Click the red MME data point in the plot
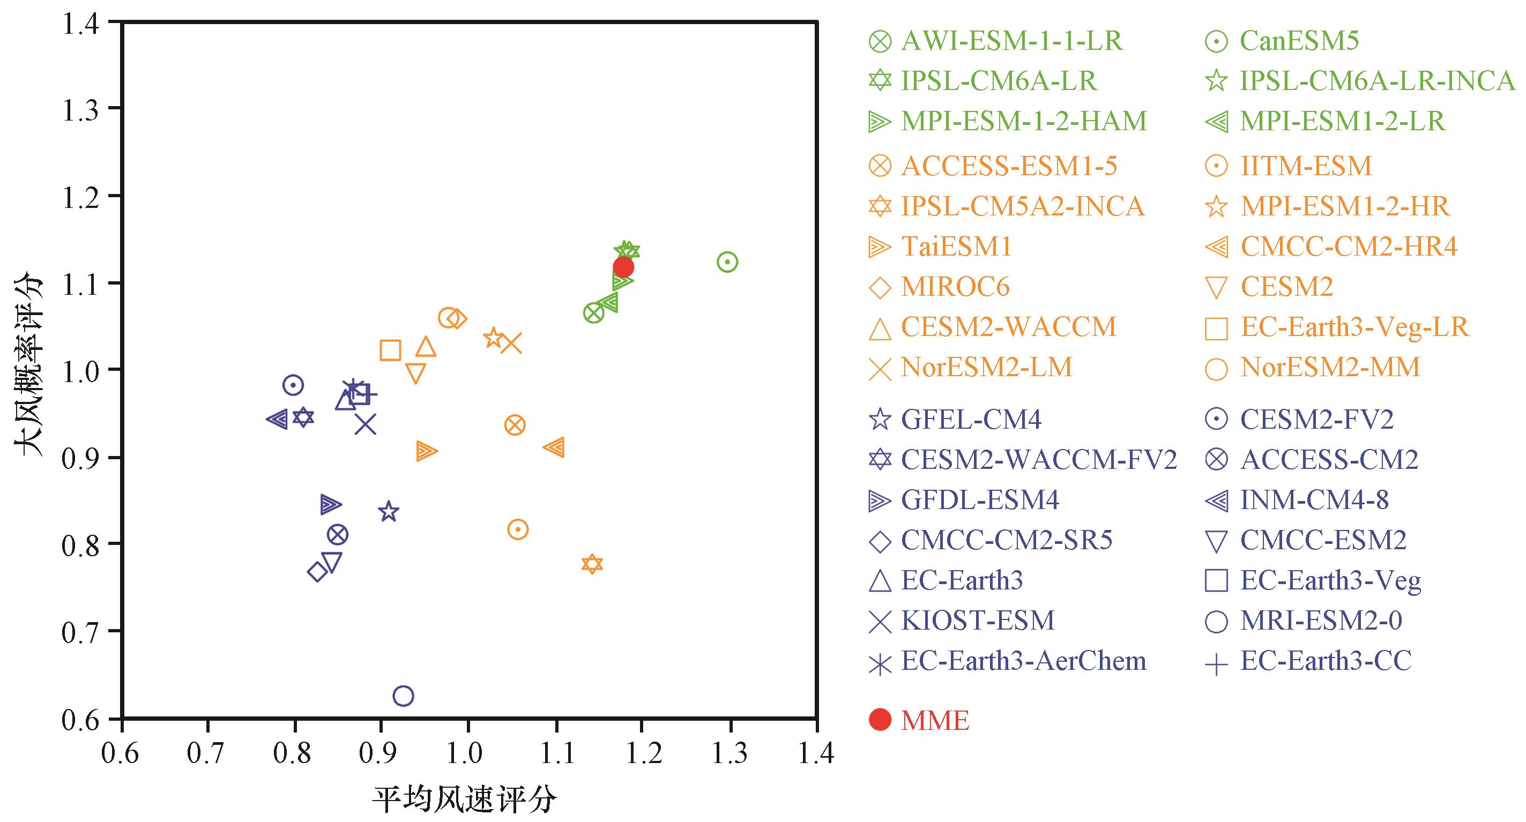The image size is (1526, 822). point(623,267)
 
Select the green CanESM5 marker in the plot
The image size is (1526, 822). point(727,261)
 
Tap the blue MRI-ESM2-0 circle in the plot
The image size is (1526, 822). point(403,696)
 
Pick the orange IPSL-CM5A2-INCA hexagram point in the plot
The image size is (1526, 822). point(592,564)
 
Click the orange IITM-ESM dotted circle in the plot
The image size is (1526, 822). point(518,529)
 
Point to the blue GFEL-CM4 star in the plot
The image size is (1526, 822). point(389,511)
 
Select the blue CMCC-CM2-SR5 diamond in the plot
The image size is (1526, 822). point(317,572)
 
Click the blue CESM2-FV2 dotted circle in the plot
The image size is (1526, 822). point(293,385)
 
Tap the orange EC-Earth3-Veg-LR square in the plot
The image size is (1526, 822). point(390,350)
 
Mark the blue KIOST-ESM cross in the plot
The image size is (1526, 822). point(366,424)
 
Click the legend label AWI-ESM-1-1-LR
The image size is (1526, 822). point(1011,41)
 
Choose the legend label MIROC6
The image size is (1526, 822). point(955,287)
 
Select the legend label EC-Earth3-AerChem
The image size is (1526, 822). point(1023,661)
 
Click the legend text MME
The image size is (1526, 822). point(935,720)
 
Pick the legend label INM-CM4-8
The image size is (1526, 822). point(1314,500)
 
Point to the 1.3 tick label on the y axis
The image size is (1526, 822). point(81,109)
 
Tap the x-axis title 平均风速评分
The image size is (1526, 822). point(464,799)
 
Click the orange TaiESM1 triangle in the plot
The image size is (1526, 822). point(426,451)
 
